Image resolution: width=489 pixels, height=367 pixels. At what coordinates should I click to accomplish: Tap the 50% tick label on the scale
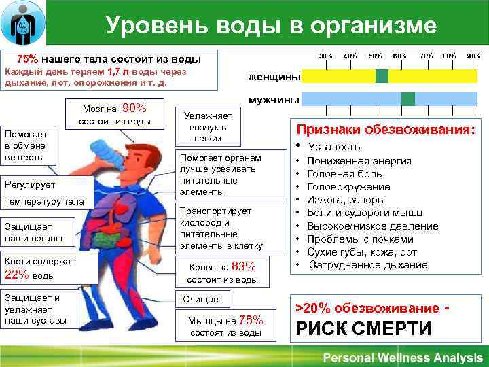point(374,55)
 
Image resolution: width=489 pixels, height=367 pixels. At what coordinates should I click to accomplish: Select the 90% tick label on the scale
point(473,55)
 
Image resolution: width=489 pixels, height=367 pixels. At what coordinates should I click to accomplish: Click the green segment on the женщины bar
point(382,76)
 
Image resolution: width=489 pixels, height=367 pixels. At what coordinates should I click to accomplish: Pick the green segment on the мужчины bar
point(407,99)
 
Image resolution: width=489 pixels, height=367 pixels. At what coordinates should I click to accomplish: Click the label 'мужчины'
point(274,100)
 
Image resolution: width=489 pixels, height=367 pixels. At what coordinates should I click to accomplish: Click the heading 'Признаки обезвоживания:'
point(384,130)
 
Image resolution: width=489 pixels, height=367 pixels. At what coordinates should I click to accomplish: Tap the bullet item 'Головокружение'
point(348,187)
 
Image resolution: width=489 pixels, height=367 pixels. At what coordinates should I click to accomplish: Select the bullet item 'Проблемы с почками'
point(360,239)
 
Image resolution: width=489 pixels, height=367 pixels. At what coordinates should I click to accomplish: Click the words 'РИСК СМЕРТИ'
point(363,329)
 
